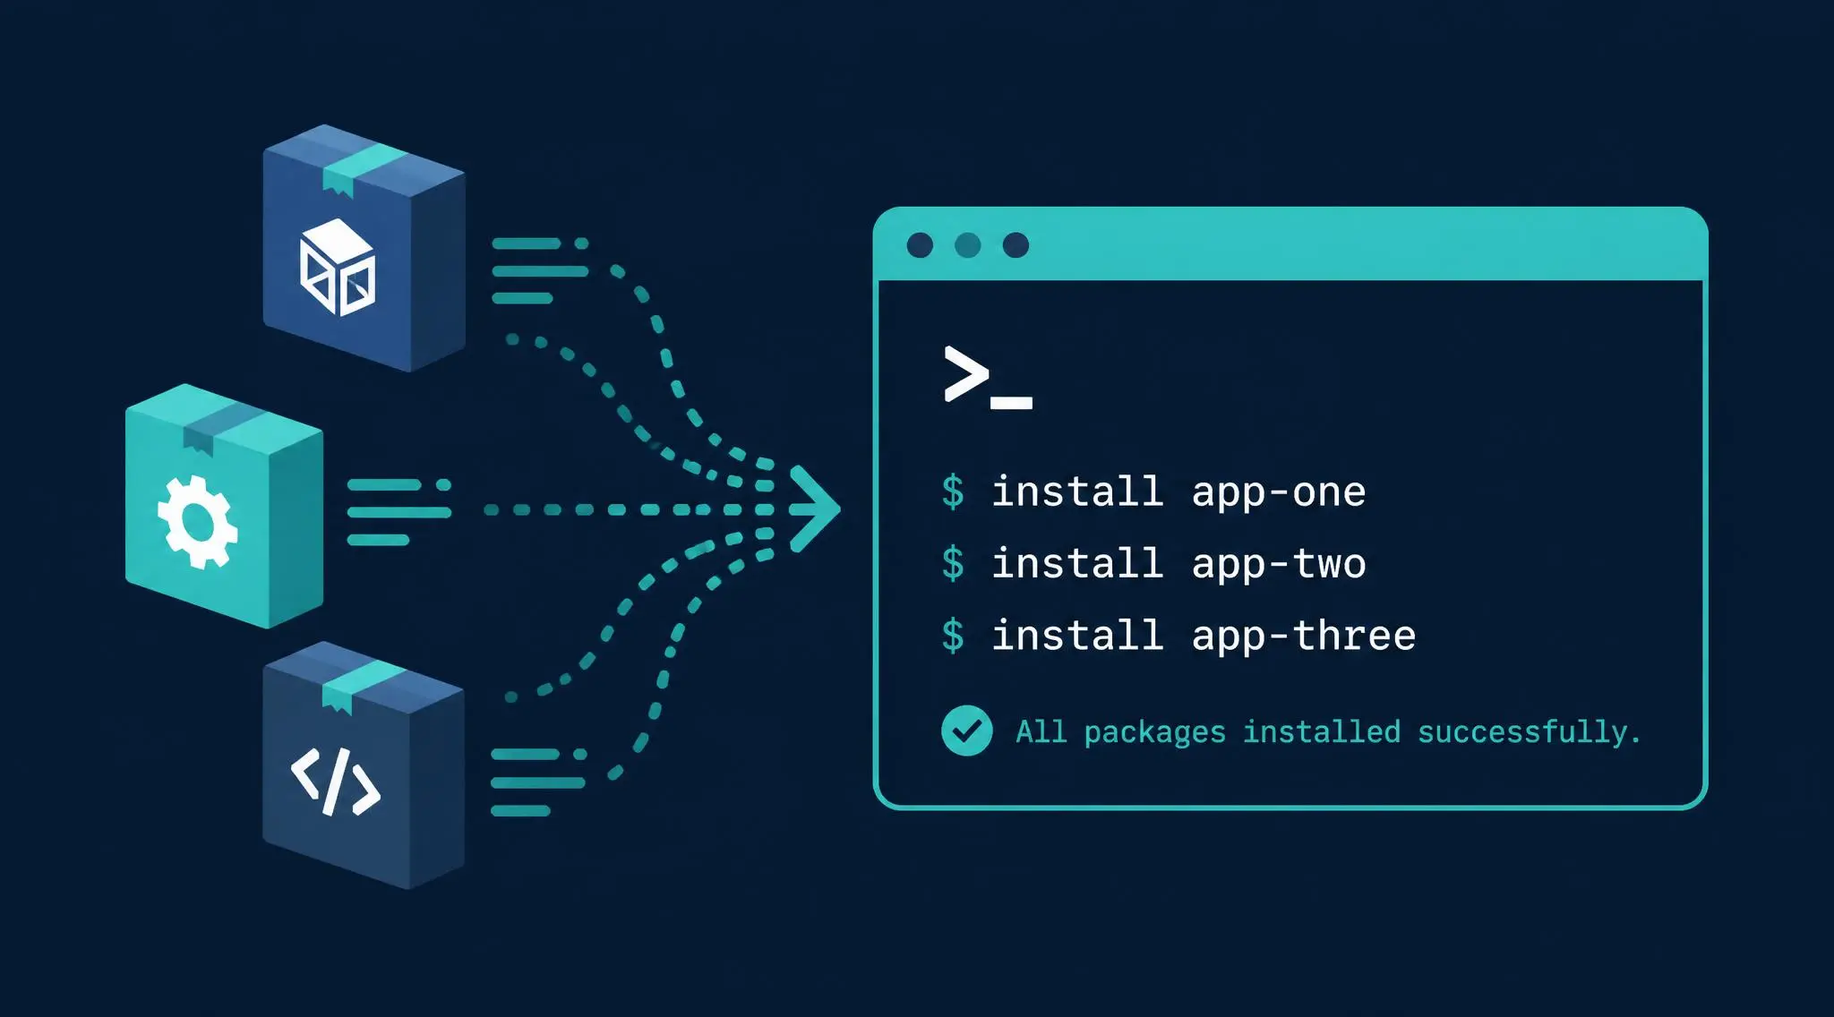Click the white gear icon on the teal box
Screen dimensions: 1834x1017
tap(197, 522)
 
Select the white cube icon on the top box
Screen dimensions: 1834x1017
tap(337, 267)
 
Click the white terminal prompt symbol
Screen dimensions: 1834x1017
tap(988, 378)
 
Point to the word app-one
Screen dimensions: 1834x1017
tap(1278, 492)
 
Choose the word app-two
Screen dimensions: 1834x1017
tap(1278, 564)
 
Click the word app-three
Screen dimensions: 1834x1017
tap(1303, 636)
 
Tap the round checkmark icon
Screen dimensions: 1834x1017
tap(966, 731)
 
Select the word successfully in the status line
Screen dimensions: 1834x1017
tap(1529, 732)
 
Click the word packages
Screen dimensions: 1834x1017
tap(1154, 733)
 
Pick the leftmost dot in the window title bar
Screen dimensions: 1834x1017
tap(920, 245)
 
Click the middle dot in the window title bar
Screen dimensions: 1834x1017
tap(968, 245)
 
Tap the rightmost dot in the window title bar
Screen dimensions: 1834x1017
tap(1016, 245)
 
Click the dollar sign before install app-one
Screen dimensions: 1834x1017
tap(953, 492)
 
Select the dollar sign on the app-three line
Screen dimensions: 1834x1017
tap(953, 636)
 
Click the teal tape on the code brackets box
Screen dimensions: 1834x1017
tap(363, 684)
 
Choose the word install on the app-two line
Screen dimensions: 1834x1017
tap(1077, 564)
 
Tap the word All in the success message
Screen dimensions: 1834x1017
tap(1041, 732)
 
